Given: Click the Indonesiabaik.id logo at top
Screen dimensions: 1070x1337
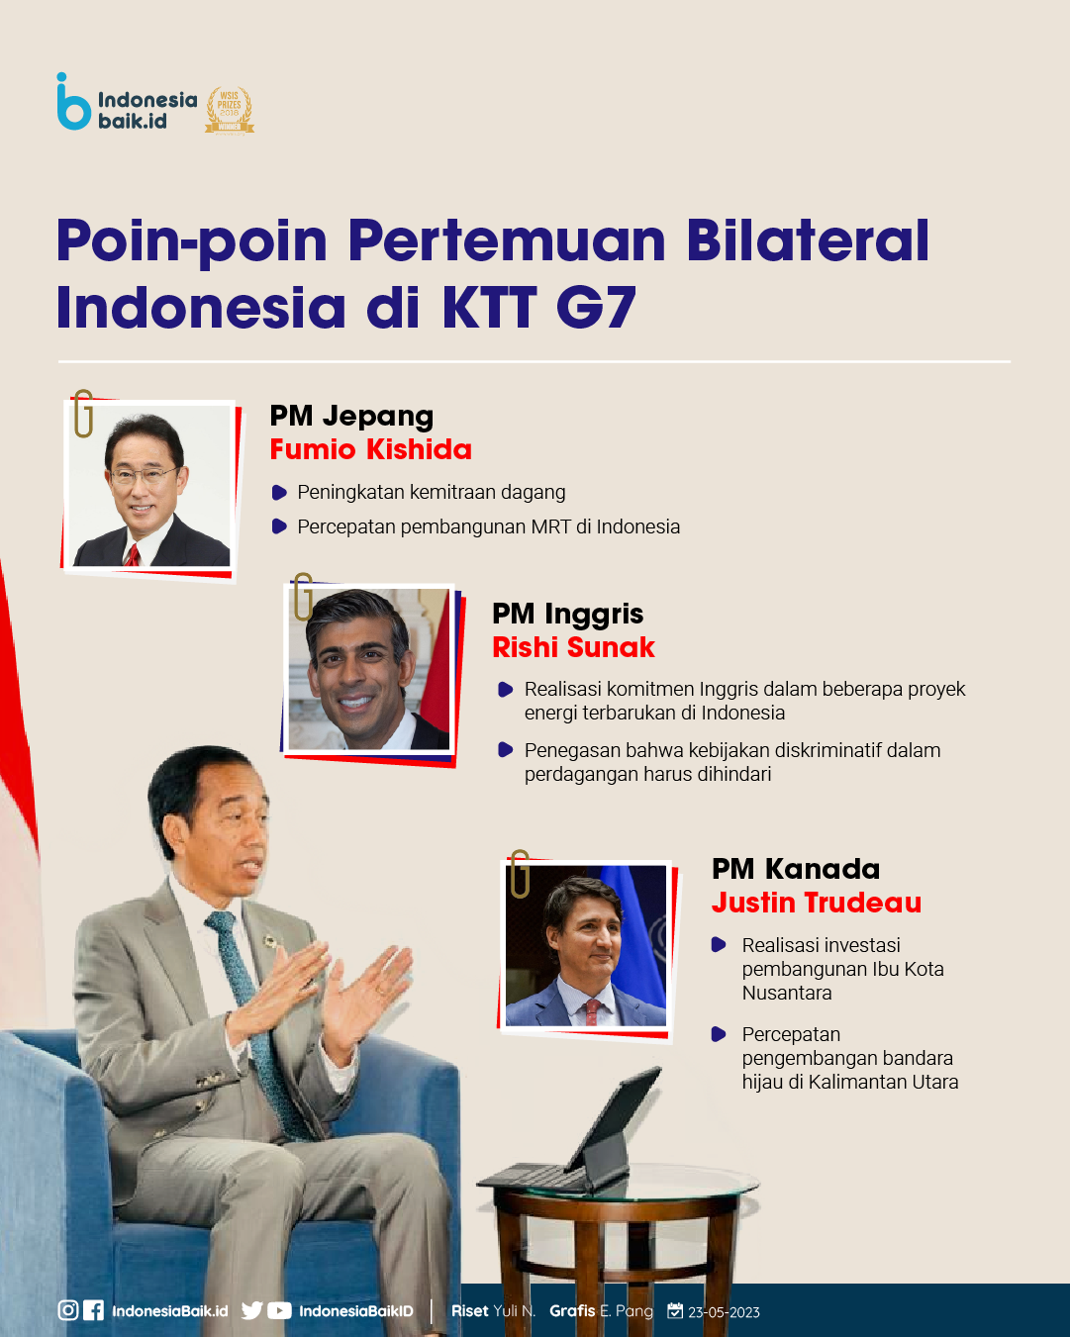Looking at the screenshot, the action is pos(127,102).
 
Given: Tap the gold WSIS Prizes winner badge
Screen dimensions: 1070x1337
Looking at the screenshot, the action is pos(230,111).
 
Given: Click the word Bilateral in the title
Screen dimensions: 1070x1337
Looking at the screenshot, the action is pos(807,240).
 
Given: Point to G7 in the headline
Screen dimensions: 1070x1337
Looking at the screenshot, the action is pos(597,307).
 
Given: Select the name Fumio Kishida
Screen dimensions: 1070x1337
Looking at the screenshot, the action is pos(371,449).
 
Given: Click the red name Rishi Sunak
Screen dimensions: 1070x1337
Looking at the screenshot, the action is pos(573,647).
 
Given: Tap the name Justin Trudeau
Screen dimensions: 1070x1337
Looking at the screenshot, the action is pos(817,903).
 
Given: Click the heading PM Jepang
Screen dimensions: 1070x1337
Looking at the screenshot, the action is pos(351,417).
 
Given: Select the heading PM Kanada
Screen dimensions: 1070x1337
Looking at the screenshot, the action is pos(796,869).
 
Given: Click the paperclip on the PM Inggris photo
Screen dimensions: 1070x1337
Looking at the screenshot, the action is pos(303,597).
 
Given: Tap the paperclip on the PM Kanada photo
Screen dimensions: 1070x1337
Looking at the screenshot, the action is pos(520,874).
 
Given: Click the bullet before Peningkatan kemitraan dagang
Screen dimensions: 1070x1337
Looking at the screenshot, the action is pos(279,493).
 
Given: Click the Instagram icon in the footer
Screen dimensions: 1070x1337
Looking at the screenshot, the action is pos(67,1310).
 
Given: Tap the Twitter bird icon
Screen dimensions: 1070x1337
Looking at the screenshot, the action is pos(251,1310).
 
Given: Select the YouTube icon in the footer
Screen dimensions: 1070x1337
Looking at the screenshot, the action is pos(279,1310).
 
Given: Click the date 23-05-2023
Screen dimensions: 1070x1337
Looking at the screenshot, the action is pos(724,1312).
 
